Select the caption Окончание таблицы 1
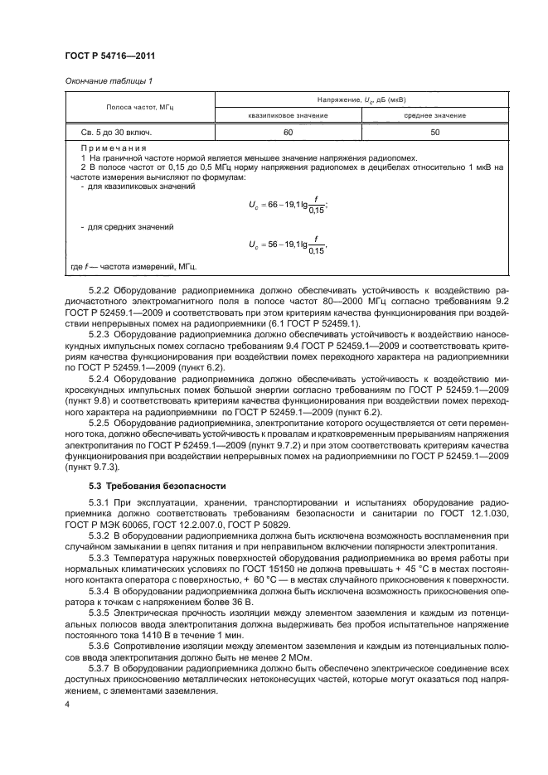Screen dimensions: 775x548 [107, 81]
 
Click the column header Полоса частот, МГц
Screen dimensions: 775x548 [138, 107]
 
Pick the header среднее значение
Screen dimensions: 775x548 [434, 116]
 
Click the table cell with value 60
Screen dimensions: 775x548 [288, 131]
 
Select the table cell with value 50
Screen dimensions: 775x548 [434, 131]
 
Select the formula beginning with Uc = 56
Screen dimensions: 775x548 [288, 245]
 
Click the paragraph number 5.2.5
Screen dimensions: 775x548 [99, 422]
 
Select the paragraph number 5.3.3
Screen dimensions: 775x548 [99, 559]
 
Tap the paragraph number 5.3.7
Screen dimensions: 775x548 [99, 666]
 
